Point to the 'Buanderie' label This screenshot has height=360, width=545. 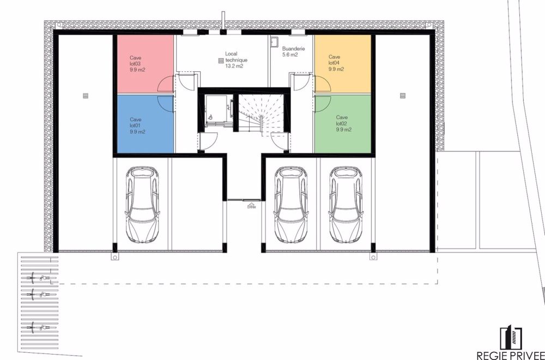293,48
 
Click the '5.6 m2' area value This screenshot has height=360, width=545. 290,55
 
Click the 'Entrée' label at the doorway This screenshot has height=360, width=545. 251,207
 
